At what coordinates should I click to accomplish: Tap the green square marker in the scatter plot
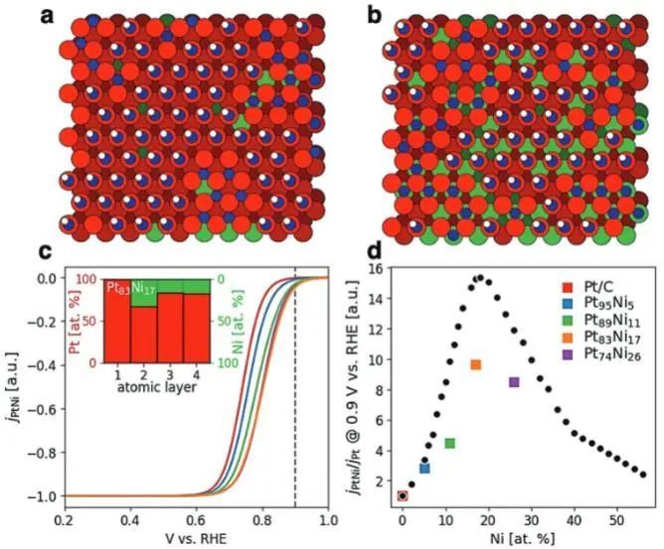tap(449, 443)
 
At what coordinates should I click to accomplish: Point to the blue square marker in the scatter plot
tap(424, 468)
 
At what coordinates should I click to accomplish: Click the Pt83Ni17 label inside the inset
tap(131, 287)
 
